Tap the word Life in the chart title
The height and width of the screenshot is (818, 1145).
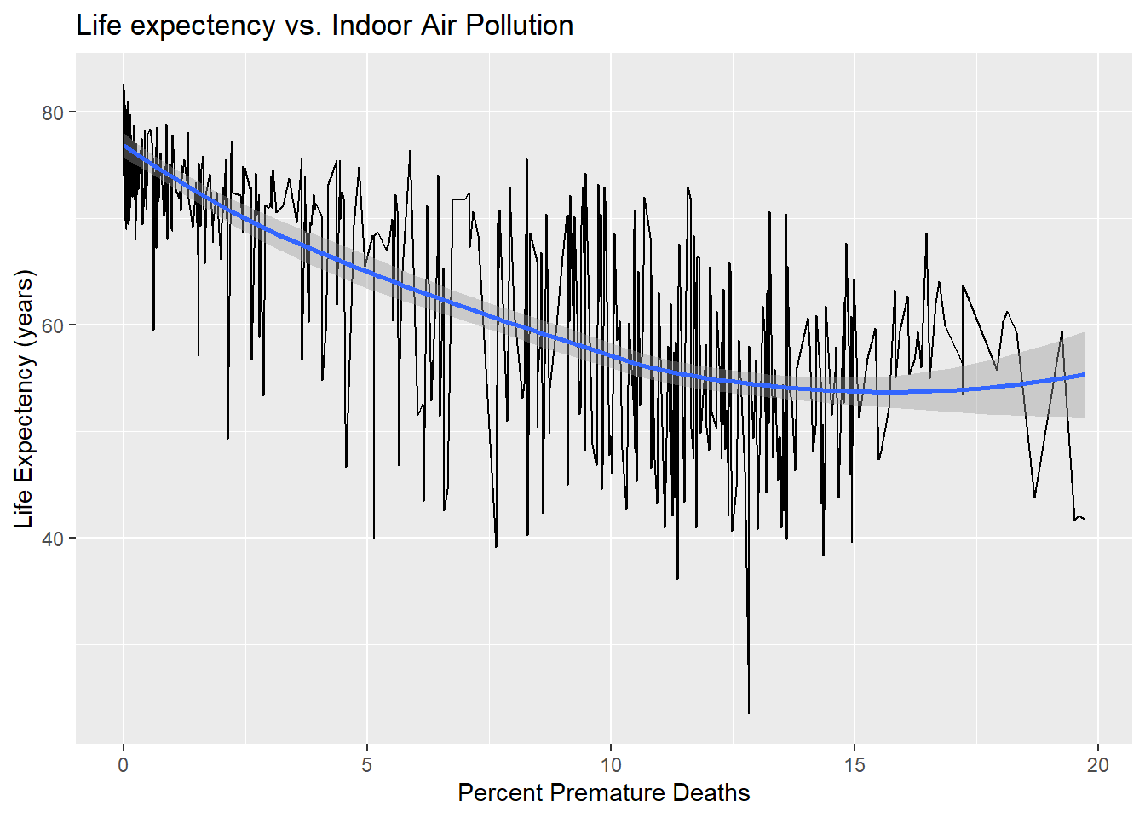[99, 26]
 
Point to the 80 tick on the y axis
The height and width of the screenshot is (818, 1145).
[53, 112]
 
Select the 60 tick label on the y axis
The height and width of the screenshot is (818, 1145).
[53, 325]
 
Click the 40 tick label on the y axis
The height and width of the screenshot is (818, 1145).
[53, 539]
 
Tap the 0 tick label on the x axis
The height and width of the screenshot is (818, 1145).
[124, 764]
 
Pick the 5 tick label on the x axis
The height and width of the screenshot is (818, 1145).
[367, 764]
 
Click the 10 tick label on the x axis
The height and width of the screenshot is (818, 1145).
[611, 764]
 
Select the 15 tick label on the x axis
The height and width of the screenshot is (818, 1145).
[854, 764]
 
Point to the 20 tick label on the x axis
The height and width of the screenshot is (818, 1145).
[1098, 764]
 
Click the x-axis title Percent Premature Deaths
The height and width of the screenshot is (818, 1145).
[603, 792]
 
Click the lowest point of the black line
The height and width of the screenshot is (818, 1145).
[749, 713]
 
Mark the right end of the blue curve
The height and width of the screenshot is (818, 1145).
[1084, 374]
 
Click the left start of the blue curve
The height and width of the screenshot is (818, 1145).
[124, 146]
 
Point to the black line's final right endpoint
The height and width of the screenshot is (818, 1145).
[1085, 519]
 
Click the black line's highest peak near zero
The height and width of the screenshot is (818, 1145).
[124, 85]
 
